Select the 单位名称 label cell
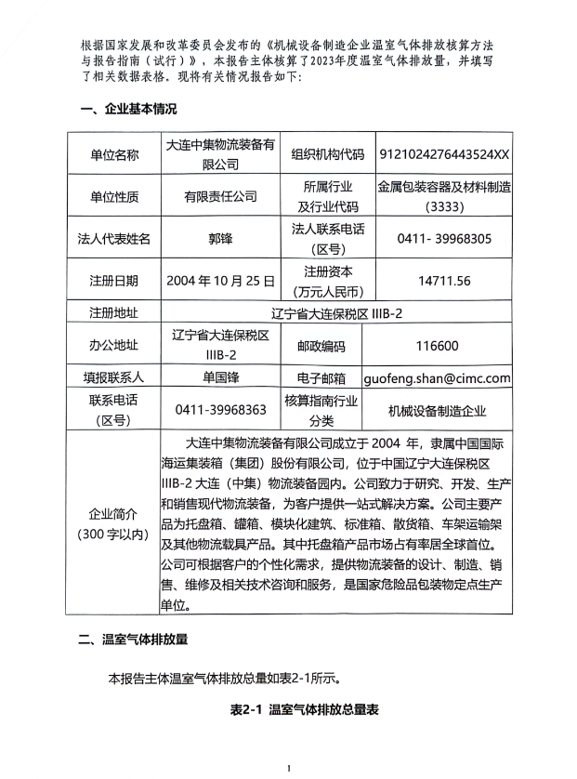tap(114, 155)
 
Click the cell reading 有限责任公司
tap(220, 197)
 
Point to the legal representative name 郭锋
tap(220, 238)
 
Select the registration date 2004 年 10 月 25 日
tap(220, 280)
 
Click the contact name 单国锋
tap(220, 378)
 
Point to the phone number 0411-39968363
tap(220, 410)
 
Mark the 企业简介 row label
tap(114, 523)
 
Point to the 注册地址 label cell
tap(114, 310)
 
